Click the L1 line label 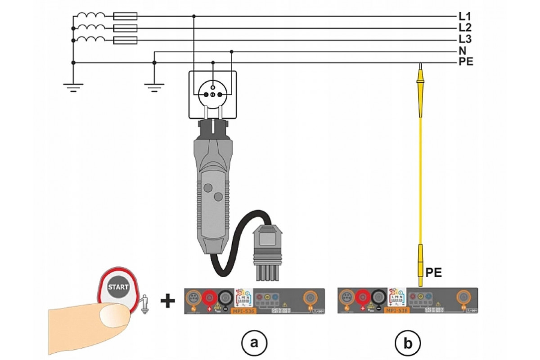[x=464, y=16]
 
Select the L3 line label [x=464, y=40]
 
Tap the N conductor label [x=463, y=51]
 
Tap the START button [x=118, y=287]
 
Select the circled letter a [x=255, y=343]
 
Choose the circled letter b [x=408, y=343]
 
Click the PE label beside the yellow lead [x=434, y=272]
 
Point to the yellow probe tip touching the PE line [x=420, y=67]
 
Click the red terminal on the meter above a [x=209, y=297]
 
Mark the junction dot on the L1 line [x=194, y=16]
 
